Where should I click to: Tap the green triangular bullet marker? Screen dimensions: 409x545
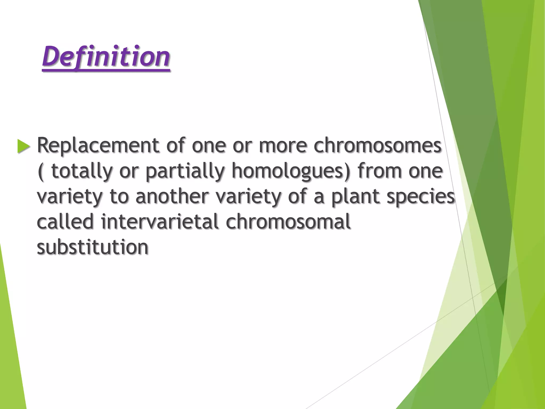pos(23,146)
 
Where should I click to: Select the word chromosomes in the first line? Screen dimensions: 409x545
pos(378,145)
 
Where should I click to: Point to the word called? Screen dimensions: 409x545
pos(65,222)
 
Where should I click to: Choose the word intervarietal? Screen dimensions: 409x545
pos(160,222)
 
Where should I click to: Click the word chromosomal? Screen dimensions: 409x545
pos(288,222)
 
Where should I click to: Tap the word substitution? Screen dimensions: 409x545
pos(93,247)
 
